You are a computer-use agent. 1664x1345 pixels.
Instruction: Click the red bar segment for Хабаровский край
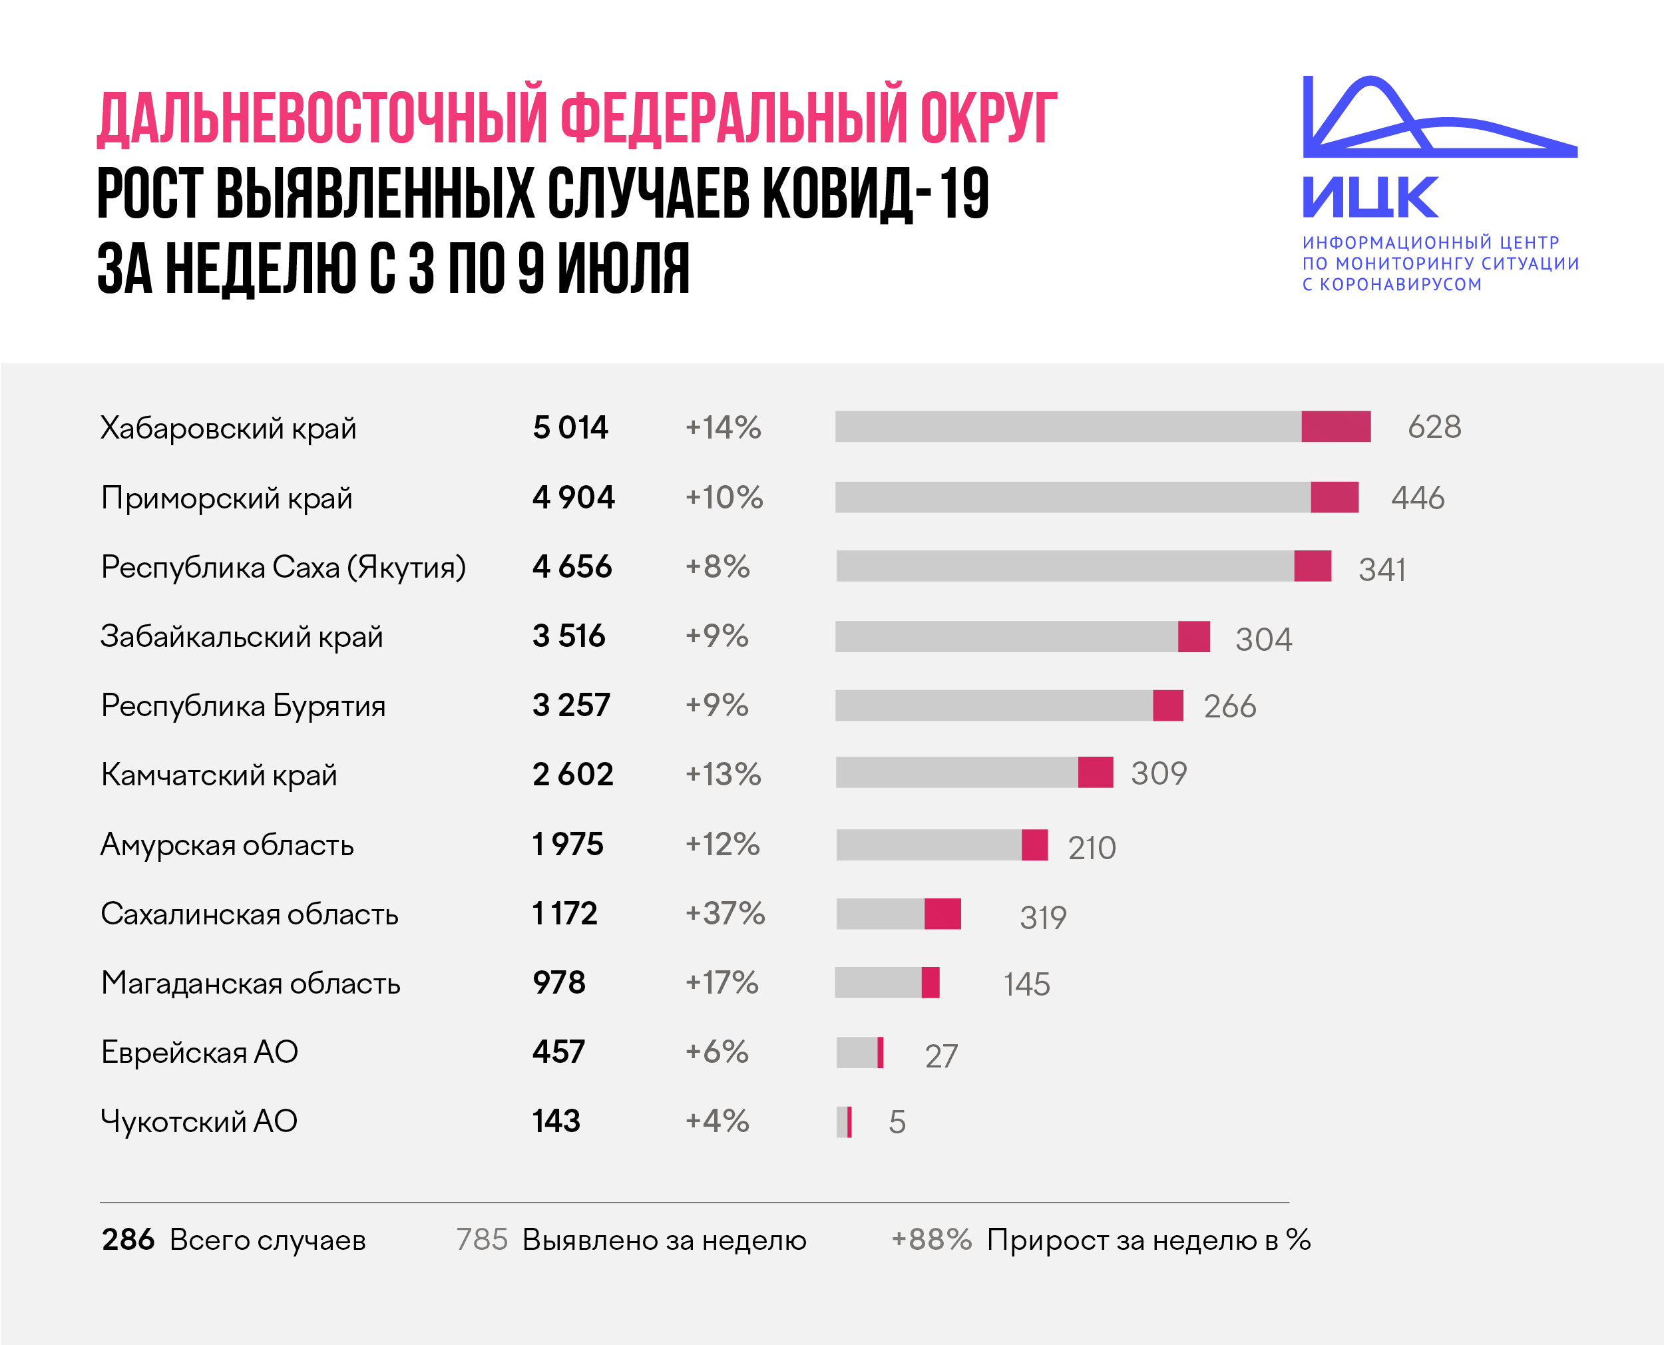click(x=1336, y=426)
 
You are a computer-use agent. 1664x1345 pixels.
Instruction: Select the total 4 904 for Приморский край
click(x=573, y=497)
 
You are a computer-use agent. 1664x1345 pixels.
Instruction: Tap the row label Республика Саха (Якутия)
click(x=284, y=567)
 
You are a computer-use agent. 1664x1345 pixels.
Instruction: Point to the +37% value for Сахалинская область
click(x=725, y=914)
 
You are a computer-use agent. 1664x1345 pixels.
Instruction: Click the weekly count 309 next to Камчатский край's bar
click(x=1159, y=773)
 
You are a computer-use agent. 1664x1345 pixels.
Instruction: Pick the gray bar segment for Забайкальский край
click(x=1006, y=636)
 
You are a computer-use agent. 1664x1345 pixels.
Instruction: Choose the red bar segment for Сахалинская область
click(x=942, y=914)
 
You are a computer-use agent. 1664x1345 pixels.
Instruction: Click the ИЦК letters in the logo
click(x=1370, y=197)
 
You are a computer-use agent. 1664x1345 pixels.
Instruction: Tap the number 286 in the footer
click(x=128, y=1240)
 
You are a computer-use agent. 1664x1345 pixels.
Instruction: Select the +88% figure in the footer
click(x=931, y=1240)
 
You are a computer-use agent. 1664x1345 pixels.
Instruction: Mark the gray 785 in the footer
click(x=482, y=1240)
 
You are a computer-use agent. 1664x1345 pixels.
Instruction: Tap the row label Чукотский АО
click(x=199, y=1121)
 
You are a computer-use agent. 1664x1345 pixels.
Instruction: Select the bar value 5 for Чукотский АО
click(x=897, y=1122)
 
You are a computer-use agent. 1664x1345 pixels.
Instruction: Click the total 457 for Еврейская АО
click(x=558, y=1052)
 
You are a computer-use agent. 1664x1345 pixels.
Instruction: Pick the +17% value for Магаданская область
click(x=722, y=982)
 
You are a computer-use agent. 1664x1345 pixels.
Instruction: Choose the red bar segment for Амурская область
click(x=1035, y=845)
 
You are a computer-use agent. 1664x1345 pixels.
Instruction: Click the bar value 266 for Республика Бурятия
click(x=1230, y=707)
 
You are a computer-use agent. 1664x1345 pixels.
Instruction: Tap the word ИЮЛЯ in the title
click(x=624, y=268)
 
